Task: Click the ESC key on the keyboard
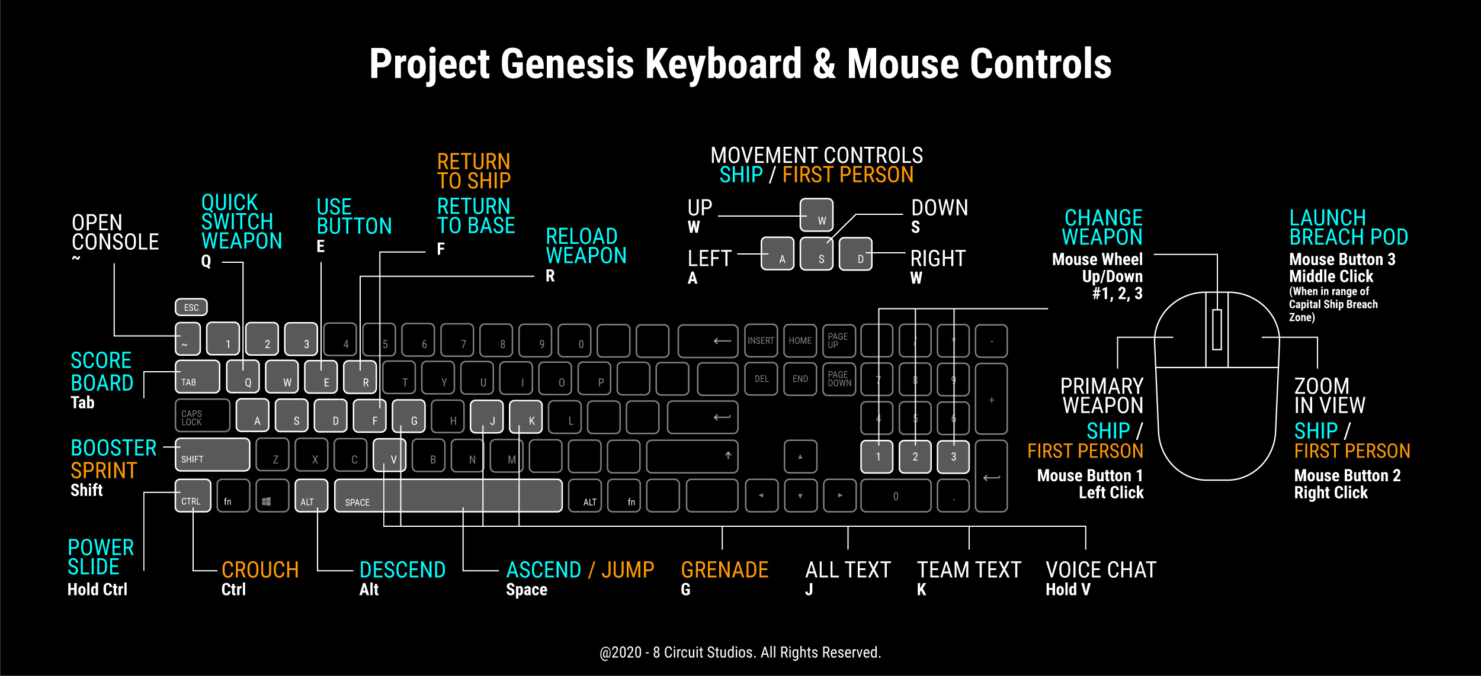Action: point(191,307)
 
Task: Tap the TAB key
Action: point(197,376)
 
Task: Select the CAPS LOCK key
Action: point(203,416)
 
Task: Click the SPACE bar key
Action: point(448,495)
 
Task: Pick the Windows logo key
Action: point(267,495)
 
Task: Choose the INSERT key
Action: point(761,340)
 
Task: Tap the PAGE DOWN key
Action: point(839,379)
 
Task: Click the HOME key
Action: point(800,340)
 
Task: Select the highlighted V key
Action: point(389,455)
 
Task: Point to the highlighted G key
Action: point(409,416)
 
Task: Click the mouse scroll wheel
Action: point(1217,329)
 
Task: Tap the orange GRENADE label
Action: point(725,569)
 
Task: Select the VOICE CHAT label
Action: point(1101,569)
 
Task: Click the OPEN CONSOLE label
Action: point(116,232)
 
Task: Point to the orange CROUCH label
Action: point(260,569)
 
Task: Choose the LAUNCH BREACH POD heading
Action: point(1349,227)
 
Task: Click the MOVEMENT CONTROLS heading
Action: point(817,155)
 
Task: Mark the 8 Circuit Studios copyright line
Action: point(740,652)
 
